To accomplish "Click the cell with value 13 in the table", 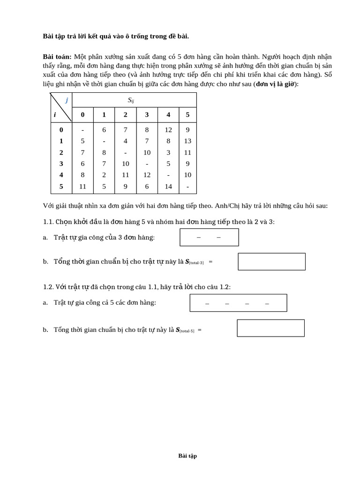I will tap(187, 141).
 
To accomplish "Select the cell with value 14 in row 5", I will tap(168, 187).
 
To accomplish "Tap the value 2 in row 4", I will tap(104, 175).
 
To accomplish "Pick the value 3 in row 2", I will tap(168, 152).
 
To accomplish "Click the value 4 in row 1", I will tap(125, 141).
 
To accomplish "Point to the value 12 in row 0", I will tap(168, 130).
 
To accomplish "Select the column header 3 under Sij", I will tap(147, 115).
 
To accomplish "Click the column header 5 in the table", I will tap(187, 115).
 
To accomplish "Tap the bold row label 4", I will tap(61, 175).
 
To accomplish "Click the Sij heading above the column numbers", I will tap(131, 100).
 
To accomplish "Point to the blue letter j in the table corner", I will tap(67, 100).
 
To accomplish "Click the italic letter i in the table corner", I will tap(55, 114).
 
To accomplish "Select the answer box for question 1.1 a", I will tap(209, 237).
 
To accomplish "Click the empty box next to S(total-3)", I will tap(271, 262).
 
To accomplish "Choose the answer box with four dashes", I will tap(238, 303).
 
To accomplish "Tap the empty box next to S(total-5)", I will tap(270, 328).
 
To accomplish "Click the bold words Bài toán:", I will tap(57, 57).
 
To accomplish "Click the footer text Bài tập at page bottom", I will tap(187, 456).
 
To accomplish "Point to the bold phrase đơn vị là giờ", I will tap(276, 84).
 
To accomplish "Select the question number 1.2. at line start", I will tap(48, 287).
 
